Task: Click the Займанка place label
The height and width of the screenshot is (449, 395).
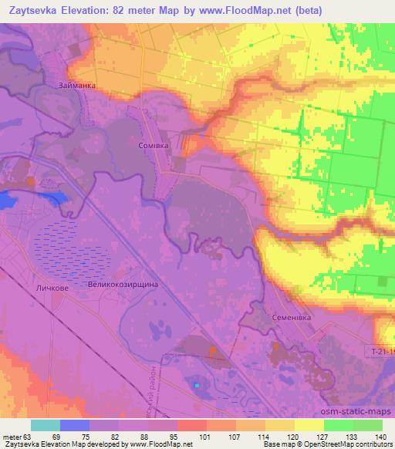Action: click(76, 86)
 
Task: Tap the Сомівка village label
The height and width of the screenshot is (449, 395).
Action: click(152, 144)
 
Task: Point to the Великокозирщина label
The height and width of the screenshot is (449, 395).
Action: click(124, 285)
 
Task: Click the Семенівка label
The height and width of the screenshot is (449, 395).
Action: click(292, 317)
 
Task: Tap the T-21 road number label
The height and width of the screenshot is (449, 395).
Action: click(379, 350)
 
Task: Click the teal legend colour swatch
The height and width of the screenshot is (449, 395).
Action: click(46, 426)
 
